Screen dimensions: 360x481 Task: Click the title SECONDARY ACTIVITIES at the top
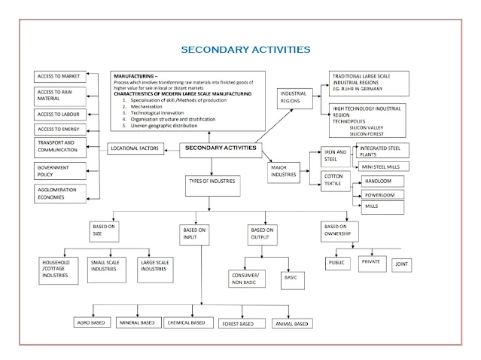[x=245, y=50]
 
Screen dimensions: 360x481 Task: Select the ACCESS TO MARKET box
[x=60, y=77]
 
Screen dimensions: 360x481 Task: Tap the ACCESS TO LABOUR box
[x=60, y=114]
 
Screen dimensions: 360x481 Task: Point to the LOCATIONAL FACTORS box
[x=135, y=149]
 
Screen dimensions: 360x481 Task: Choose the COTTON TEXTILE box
[x=335, y=181]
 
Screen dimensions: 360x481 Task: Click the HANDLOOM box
[x=382, y=182]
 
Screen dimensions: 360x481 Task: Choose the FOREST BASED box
[x=236, y=323]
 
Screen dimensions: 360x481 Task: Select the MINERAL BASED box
[x=137, y=322]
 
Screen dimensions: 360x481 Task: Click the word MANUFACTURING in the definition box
[x=134, y=77]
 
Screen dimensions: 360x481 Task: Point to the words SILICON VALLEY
[x=367, y=128]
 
